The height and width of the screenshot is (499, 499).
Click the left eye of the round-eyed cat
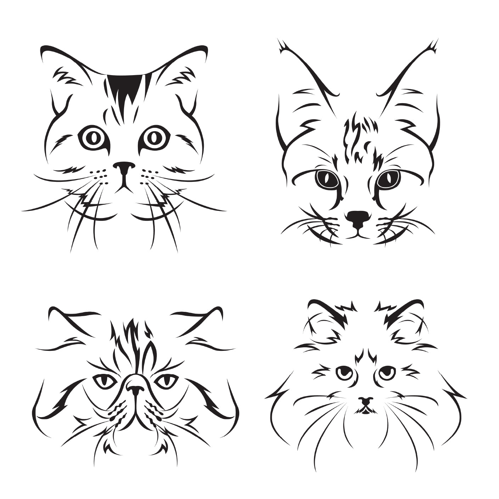(x=93, y=138)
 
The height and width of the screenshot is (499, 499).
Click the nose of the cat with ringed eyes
(x=124, y=167)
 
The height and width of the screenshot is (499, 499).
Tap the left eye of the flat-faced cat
(x=105, y=381)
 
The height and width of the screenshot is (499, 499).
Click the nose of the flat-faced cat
(x=135, y=388)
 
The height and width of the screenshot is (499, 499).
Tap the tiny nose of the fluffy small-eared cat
(x=365, y=401)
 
